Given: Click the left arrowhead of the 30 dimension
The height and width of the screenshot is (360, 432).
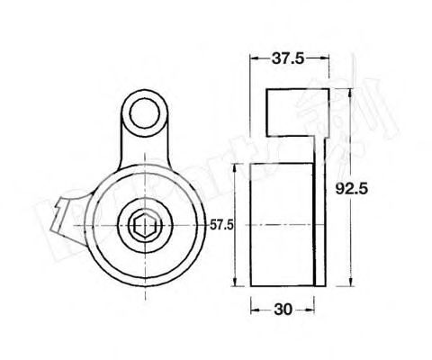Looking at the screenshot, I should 253,309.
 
